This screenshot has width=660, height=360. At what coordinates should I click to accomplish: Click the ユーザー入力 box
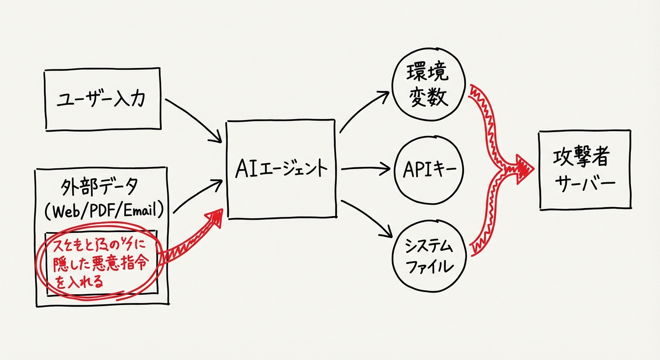pyautogui.click(x=103, y=99)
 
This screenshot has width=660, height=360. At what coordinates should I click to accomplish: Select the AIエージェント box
pyautogui.click(x=281, y=169)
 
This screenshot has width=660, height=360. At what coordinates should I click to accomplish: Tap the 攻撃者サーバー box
pyautogui.click(x=584, y=170)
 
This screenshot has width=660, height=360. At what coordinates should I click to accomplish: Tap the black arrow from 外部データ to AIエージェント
pyautogui.click(x=197, y=197)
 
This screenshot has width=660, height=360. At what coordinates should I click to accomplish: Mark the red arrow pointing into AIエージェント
pyautogui.click(x=187, y=239)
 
